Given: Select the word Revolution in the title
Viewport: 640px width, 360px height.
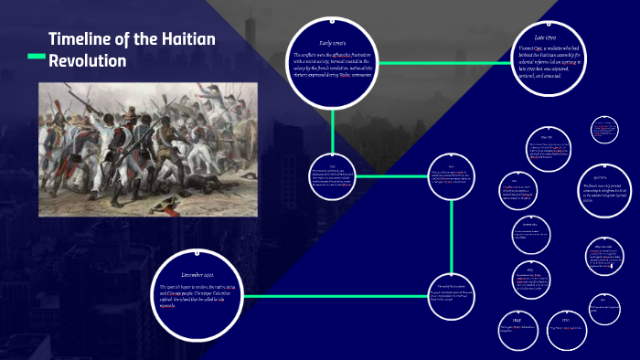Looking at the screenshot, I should (88, 61).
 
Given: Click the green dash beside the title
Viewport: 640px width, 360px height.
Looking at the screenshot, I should (36, 58).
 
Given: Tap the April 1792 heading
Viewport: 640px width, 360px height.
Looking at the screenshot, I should (599, 176).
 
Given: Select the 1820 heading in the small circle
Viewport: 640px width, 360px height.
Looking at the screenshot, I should (565, 322).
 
